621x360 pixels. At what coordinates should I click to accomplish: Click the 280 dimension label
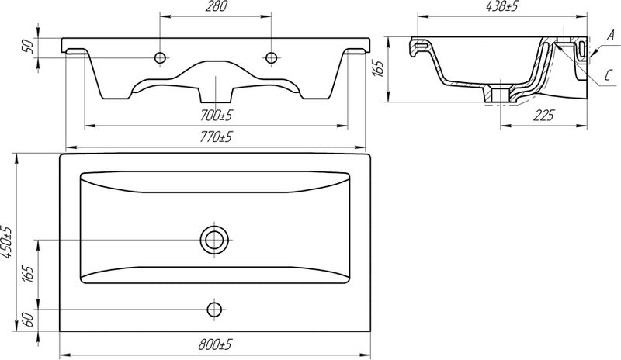point(216,7)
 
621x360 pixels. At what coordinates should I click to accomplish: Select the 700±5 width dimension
point(216,116)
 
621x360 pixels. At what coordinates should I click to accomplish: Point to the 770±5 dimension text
point(216,137)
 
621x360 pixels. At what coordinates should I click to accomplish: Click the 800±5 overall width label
point(215,345)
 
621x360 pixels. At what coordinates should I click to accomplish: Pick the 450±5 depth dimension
point(7,242)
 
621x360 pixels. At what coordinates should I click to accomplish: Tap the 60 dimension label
point(27,320)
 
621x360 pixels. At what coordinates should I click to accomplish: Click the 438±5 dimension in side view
point(502,6)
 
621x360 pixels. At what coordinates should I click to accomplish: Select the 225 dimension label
point(544,116)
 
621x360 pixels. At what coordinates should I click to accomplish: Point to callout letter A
point(610,36)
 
